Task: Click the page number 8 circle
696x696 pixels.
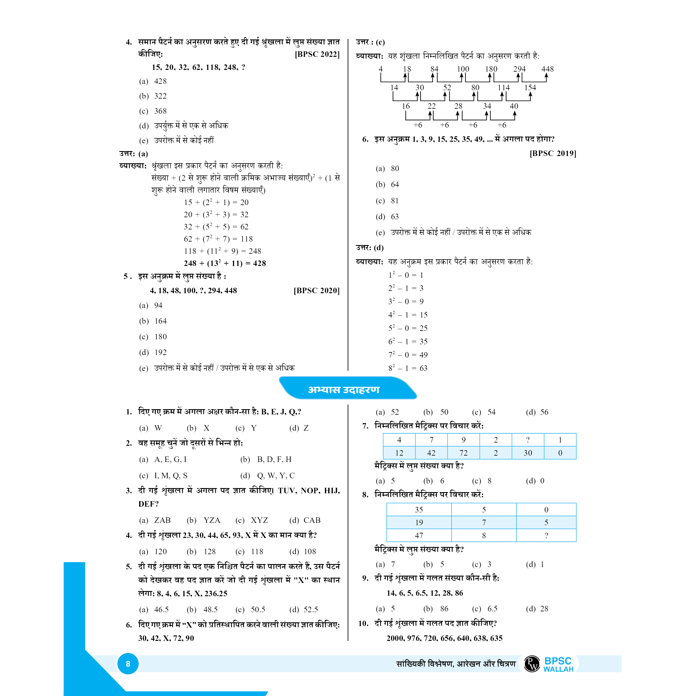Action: point(128,664)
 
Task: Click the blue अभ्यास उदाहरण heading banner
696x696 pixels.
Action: point(344,389)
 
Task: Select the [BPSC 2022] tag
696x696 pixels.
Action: point(317,55)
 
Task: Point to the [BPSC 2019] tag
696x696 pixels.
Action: point(553,153)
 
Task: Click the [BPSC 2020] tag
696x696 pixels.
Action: point(317,291)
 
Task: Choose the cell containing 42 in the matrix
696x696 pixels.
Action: point(431,453)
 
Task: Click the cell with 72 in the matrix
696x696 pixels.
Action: point(463,453)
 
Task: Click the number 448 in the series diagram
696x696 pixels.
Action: point(547,69)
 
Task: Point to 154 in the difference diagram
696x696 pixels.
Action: point(530,88)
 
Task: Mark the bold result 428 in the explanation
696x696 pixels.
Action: point(259,263)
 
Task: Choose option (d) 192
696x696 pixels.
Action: point(160,352)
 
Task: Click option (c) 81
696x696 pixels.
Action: point(395,201)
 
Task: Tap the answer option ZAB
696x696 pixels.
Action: point(162,520)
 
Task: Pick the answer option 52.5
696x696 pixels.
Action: point(311,610)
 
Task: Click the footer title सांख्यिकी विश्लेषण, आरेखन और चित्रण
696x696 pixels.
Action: point(456,664)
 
